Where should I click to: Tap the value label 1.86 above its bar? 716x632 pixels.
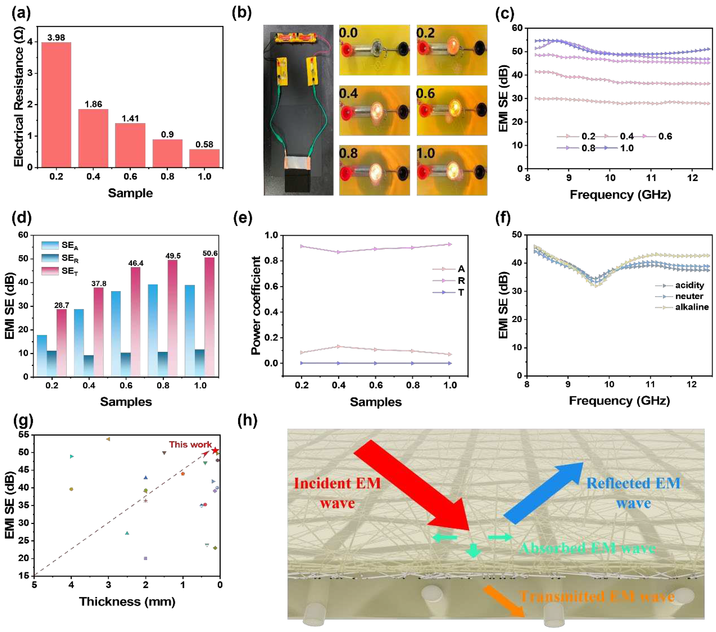click(93, 104)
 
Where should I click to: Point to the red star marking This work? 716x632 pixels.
click(215, 450)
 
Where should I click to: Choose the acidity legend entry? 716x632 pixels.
click(689, 285)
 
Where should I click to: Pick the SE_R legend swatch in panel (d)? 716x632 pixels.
click(50, 258)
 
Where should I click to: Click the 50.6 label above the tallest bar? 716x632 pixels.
click(210, 253)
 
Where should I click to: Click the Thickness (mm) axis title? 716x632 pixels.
click(127, 601)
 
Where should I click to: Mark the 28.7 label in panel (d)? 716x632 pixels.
click(62, 305)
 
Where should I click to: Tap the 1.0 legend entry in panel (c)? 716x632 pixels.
click(627, 148)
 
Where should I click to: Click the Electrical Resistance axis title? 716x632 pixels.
click(18, 97)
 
